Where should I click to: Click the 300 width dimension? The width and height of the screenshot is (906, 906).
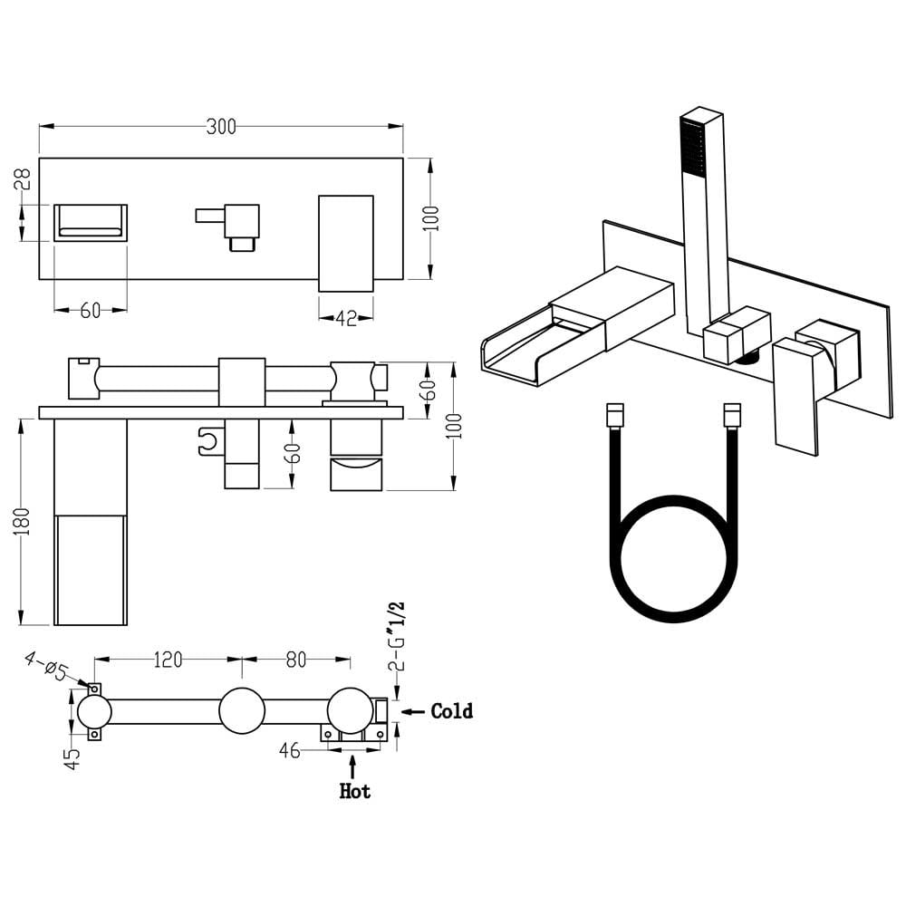click(221, 127)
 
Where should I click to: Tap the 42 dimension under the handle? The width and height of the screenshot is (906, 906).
click(346, 318)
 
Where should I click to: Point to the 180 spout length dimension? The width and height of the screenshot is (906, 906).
click(22, 521)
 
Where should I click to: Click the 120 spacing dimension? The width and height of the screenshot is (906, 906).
click(169, 660)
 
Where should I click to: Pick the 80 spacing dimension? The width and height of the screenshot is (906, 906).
click(296, 660)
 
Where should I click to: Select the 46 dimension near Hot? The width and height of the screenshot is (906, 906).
click(290, 750)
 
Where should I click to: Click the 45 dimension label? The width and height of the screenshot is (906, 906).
click(72, 758)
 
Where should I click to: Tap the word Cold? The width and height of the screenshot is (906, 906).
click(452, 710)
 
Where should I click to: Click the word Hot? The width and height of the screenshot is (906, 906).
click(355, 790)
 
